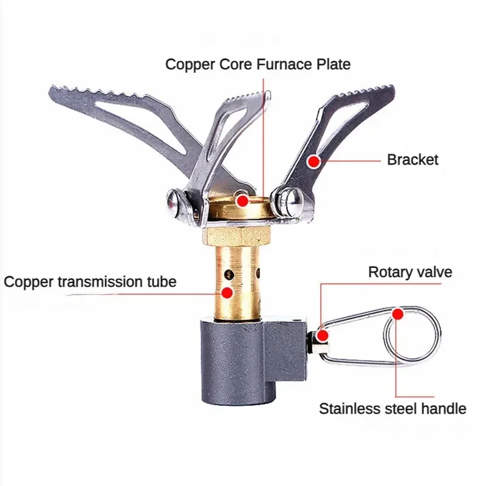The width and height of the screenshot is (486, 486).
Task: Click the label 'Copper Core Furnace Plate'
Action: [258, 64]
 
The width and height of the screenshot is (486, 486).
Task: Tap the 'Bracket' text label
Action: [412, 160]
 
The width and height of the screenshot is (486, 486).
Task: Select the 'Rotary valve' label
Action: [410, 272]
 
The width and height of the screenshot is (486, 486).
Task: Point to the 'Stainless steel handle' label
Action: [392, 408]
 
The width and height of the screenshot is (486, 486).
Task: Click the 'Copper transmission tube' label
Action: [90, 282]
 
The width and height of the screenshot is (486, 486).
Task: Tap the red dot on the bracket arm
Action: [313, 161]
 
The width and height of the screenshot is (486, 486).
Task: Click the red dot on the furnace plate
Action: [242, 200]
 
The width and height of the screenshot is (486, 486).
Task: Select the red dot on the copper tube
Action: [227, 292]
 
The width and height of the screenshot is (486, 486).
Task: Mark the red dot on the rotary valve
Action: [323, 335]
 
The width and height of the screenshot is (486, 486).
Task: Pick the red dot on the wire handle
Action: [397, 314]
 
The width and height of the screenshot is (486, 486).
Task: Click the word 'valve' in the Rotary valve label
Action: [434, 272]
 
